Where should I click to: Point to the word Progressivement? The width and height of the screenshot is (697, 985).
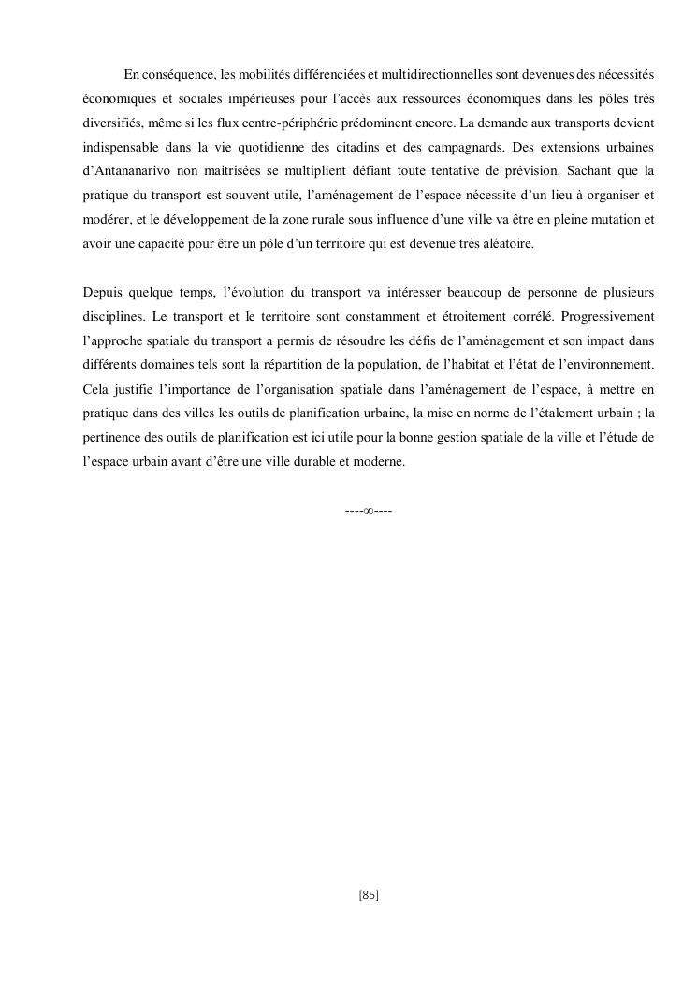pyautogui.click(x=606, y=317)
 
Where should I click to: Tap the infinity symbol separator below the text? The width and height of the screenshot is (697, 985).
pyautogui.click(x=369, y=511)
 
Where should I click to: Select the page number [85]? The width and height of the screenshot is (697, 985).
pyautogui.click(x=369, y=895)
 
